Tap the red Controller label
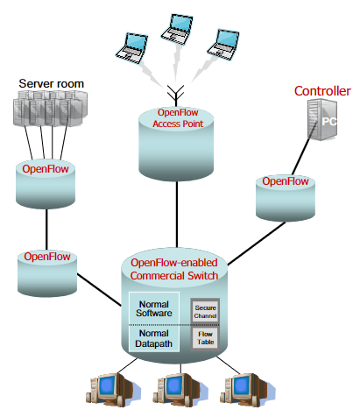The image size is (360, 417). (321, 91)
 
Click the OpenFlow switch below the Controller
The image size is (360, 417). (286, 194)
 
